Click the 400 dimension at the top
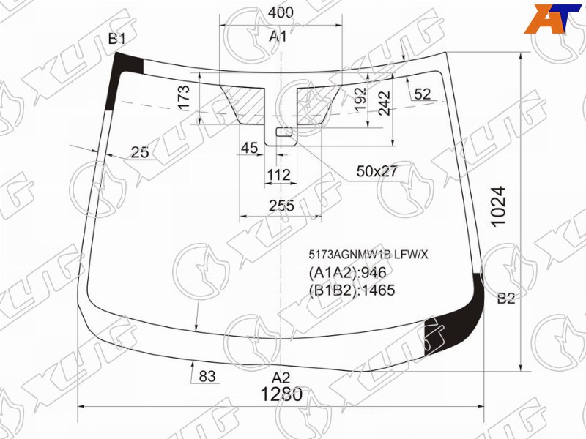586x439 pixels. coord(281,12)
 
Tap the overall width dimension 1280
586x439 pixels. coord(281,394)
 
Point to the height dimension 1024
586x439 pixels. coord(499,206)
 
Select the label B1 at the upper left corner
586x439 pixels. coord(117,39)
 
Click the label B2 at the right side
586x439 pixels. coord(506,299)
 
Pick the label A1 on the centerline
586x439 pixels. coord(278,37)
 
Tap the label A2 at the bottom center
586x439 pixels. coord(281,378)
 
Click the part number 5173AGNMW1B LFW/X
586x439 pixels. coord(368,255)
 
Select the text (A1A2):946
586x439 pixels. coord(347,272)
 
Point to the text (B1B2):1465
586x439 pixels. coord(352,290)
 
